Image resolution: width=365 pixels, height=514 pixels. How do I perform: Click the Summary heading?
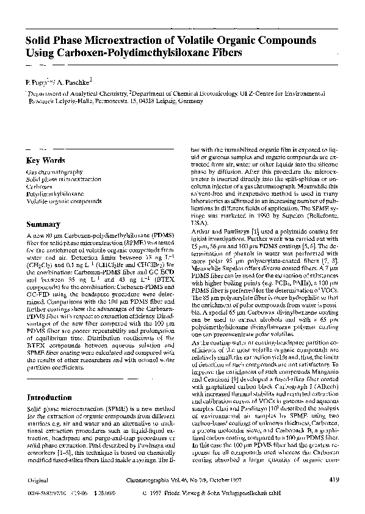tap(43, 224)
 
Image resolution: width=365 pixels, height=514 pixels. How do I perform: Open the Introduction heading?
tap(50, 398)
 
